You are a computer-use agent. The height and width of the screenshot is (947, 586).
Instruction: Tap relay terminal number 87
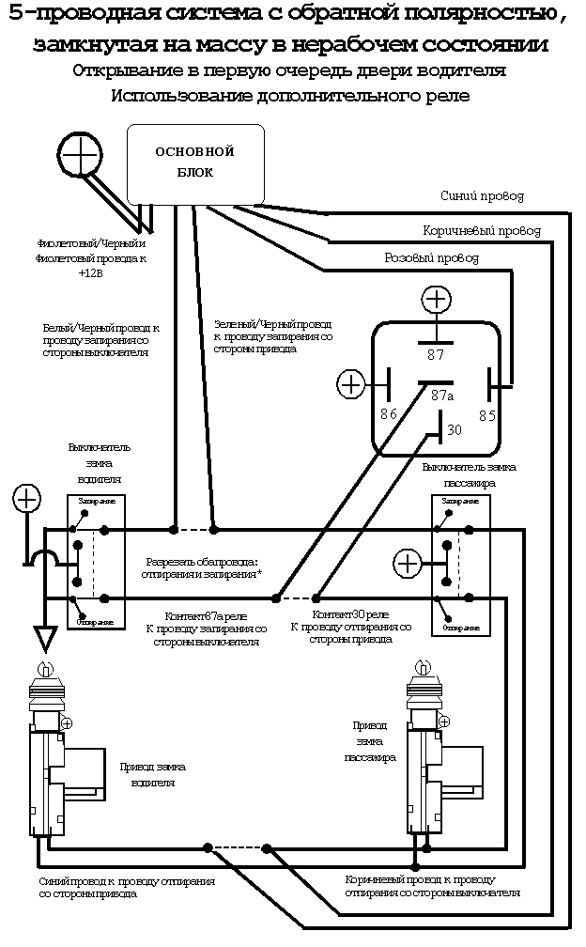pos(435,355)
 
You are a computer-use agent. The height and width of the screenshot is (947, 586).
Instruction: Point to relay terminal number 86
pos(388,413)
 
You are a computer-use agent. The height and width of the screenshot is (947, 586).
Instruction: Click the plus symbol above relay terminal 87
pos(436,300)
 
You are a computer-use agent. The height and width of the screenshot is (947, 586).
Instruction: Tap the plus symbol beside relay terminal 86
pos(350,383)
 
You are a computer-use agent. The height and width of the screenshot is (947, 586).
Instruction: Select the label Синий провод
pos(482,196)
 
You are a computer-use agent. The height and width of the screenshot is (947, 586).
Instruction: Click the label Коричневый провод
pos(482,230)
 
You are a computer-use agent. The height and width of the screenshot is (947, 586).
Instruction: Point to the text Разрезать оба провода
pos(201,560)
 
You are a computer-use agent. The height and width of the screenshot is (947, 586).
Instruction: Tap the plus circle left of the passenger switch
pos(407,563)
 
